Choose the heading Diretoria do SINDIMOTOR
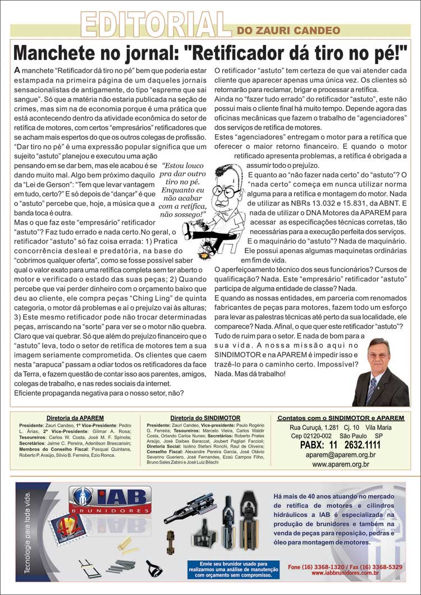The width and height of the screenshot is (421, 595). (x=205, y=418)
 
